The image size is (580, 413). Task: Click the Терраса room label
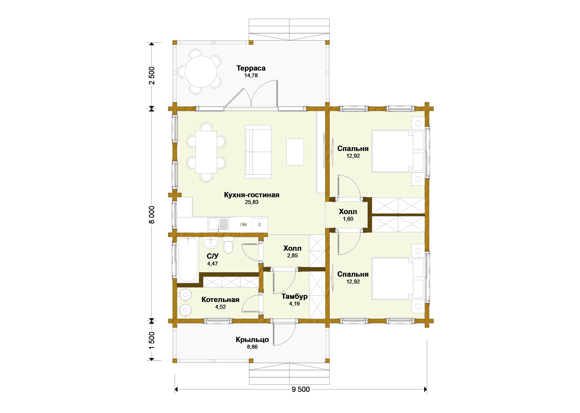(251, 68)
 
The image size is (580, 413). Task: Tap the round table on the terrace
(201, 72)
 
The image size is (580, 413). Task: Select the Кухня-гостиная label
(252, 195)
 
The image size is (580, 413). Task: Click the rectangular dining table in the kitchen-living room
(206, 152)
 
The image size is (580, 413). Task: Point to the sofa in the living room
(258, 152)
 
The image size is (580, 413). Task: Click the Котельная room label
(220, 300)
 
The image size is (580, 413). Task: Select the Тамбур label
(294, 296)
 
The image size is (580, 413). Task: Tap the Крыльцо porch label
(252, 339)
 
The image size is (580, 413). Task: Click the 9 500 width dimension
(301, 389)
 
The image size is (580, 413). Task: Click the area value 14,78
(251, 75)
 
